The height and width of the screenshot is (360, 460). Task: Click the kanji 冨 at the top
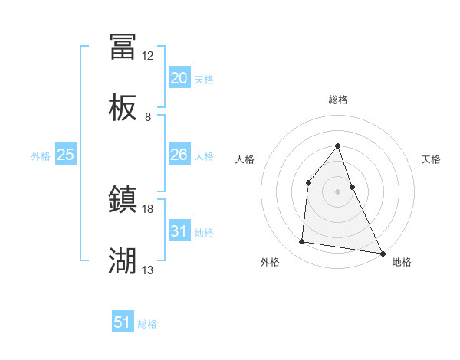point(123,47)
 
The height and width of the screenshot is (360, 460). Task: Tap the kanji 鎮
point(123,200)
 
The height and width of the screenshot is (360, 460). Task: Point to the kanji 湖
point(123,261)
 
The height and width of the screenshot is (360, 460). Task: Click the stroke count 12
point(148,56)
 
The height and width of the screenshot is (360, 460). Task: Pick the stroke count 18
point(148,208)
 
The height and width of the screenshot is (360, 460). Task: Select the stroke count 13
point(148,270)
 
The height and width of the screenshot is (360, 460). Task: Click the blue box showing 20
point(179,78)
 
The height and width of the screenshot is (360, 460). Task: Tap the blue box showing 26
point(179,155)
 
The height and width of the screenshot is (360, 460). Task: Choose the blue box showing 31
point(179,231)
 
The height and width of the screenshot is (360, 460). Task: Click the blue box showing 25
point(66,155)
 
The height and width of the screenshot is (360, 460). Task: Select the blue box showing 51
point(123,322)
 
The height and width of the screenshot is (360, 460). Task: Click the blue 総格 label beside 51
point(147,324)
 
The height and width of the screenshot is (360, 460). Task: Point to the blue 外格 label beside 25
point(41,156)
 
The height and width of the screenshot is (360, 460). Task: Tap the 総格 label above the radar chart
point(338,100)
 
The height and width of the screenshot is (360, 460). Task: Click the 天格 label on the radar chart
point(431,159)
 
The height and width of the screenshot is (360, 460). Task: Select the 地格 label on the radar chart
point(402,262)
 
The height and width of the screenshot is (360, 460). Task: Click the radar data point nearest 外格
point(302,242)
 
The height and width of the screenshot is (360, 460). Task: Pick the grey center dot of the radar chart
point(338,191)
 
